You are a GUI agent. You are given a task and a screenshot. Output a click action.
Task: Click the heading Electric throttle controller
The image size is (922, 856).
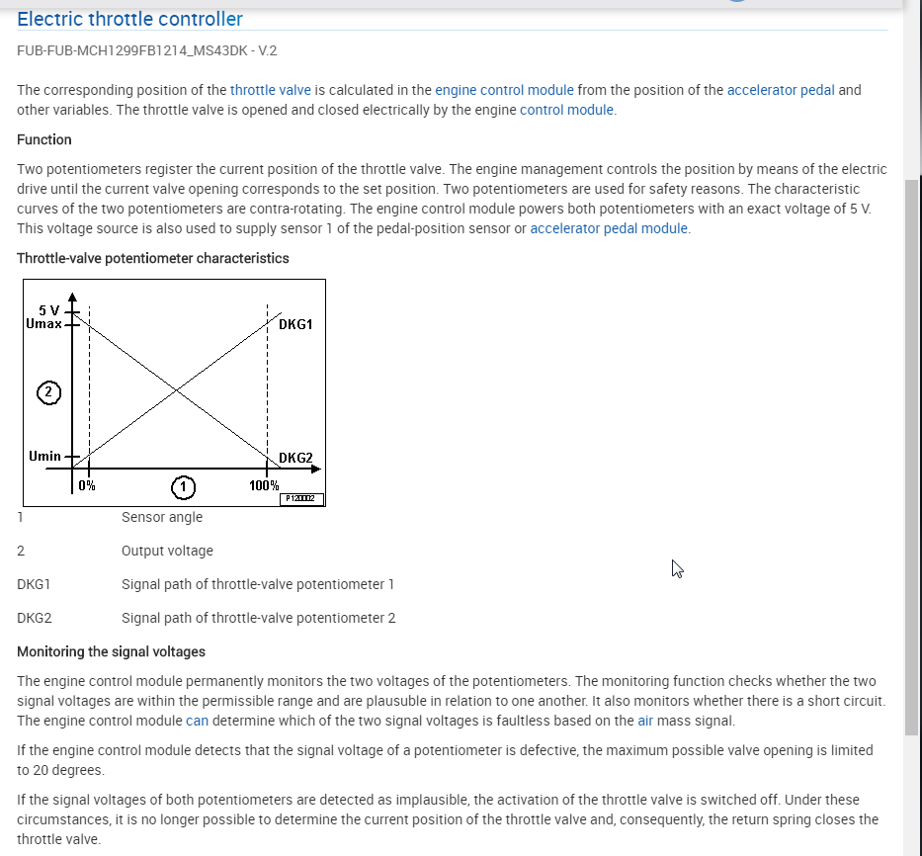click(129, 19)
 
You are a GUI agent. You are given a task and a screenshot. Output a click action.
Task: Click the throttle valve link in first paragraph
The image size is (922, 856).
click(271, 90)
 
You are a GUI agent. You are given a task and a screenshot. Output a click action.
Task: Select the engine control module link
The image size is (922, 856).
click(504, 90)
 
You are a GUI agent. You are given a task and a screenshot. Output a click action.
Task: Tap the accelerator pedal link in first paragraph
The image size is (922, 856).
click(781, 90)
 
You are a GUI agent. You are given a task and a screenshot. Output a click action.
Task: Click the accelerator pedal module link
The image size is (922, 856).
click(609, 228)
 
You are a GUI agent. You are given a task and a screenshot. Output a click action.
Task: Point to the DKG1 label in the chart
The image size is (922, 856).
click(295, 324)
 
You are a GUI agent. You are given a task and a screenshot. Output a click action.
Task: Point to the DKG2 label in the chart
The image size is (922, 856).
click(295, 458)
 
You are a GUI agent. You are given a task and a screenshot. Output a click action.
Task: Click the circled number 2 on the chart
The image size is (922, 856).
click(47, 392)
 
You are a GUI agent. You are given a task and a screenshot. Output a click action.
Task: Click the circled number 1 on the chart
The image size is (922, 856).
click(182, 486)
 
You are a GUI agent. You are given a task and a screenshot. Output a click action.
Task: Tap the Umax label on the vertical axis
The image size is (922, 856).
click(43, 323)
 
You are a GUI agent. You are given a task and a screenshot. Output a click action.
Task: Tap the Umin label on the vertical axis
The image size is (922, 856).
click(44, 456)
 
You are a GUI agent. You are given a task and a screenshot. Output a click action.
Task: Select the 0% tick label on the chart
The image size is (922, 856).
click(87, 485)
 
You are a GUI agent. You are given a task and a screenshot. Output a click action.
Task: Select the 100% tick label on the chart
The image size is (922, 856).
click(264, 486)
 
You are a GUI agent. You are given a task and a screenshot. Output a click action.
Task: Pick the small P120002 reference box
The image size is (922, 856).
click(302, 499)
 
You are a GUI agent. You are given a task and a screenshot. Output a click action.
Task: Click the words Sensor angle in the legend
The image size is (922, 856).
click(162, 517)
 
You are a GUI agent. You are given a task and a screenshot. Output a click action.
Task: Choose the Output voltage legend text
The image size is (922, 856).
click(167, 551)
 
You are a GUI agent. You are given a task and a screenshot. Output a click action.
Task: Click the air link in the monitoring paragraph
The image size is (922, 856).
click(645, 721)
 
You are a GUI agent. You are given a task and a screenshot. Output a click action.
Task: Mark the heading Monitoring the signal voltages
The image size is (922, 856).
click(111, 651)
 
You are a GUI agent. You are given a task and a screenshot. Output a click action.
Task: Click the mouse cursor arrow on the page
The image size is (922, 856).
click(677, 567)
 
